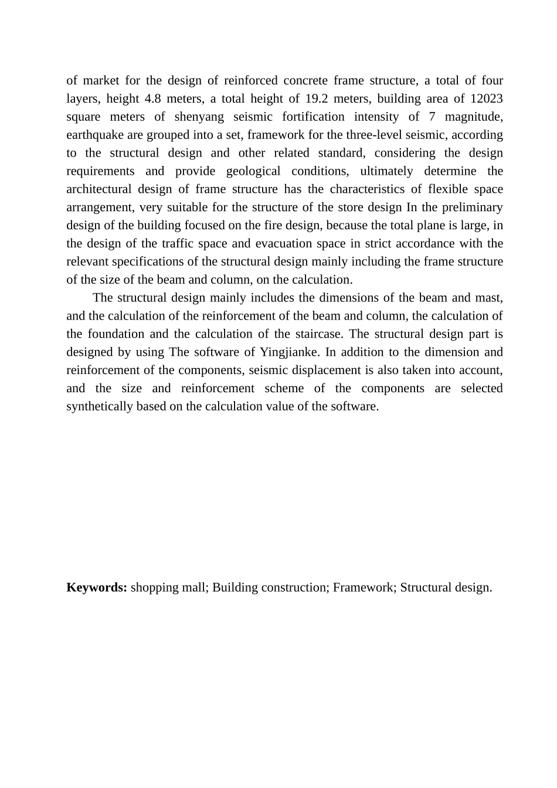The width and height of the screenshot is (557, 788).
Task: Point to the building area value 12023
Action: click(x=487, y=98)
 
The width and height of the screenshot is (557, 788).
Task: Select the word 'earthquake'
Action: click(x=95, y=135)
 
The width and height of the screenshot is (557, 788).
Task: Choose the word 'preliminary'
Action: click(x=473, y=208)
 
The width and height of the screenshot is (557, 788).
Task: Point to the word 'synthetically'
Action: click(x=100, y=407)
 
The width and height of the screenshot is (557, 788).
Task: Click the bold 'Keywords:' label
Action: click(x=97, y=587)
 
